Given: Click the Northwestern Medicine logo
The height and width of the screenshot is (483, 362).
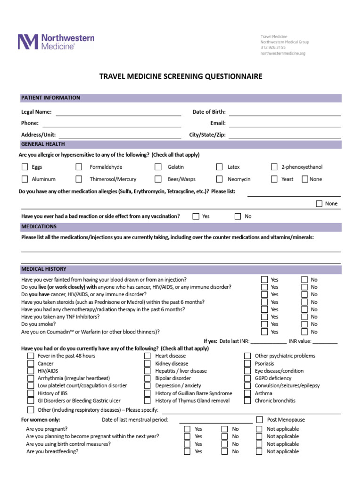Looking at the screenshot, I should [x=56, y=42].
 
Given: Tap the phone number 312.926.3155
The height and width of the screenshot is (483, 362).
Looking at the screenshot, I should [x=273, y=48].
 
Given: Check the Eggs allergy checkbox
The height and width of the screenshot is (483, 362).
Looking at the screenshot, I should [x=25, y=167].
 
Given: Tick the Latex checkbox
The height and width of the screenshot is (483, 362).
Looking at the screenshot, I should [x=220, y=167].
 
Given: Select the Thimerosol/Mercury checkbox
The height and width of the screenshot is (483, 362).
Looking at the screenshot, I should [x=79, y=179].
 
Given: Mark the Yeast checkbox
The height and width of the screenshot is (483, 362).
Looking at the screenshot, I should [x=274, y=179].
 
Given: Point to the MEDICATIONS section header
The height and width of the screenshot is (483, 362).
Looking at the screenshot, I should [x=39, y=227].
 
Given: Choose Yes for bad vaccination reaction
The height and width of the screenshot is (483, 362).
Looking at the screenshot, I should [x=196, y=217].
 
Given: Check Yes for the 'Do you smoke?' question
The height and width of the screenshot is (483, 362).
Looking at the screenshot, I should [x=265, y=325].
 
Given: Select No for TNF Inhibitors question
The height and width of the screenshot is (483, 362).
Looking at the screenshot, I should [x=305, y=317].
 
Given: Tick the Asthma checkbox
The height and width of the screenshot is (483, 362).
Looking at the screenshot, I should [x=247, y=393].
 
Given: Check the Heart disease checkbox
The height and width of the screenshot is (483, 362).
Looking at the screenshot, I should [x=148, y=356].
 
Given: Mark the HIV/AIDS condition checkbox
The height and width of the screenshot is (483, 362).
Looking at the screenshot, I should [x=31, y=371].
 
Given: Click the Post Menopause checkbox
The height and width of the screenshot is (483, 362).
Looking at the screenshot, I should [x=260, y=420].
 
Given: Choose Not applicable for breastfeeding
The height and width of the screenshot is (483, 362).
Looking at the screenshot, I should [x=259, y=451].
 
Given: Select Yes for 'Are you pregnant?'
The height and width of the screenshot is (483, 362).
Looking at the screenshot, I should [x=188, y=429].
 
